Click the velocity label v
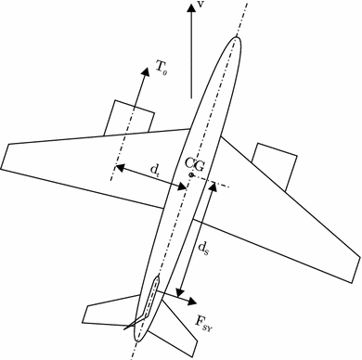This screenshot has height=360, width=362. (x=201, y=6)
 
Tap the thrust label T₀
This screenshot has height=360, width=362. (x=162, y=67)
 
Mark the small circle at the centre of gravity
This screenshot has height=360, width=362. (x=190, y=174)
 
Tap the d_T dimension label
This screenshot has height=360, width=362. (x=155, y=170)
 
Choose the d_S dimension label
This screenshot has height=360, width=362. (x=204, y=249)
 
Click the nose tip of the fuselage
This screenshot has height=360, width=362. (x=238, y=38)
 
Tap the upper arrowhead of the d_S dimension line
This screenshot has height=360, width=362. (x=214, y=185)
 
